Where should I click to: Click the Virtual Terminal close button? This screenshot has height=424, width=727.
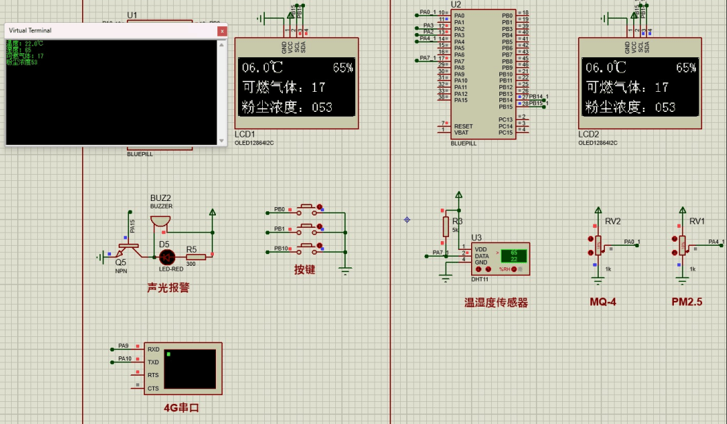pyautogui.click(x=221, y=30)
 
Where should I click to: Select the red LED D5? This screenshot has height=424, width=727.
pyautogui.click(x=166, y=256)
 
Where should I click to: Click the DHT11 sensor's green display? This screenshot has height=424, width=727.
pyautogui.click(x=514, y=256)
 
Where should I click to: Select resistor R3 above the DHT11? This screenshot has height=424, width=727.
pyautogui.click(x=446, y=227)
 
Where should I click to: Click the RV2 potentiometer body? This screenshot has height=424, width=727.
pyautogui.click(x=597, y=243)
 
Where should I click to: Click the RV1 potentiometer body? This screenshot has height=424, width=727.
pyautogui.click(x=682, y=243)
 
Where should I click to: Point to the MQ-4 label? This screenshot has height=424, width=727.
pyautogui.click(x=602, y=302)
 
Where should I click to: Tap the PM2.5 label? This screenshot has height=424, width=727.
pyautogui.click(x=688, y=302)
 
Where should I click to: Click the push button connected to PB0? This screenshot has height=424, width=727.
pyautogui.click(x=308, y=209)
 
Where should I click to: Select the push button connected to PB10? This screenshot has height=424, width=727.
pyautogui.click(x=308, y=248)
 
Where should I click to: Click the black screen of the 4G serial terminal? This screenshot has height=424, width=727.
pyautogui.click(x=190, y=369)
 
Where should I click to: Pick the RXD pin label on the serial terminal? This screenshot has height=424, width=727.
pyautogui.click(x=153, y=349)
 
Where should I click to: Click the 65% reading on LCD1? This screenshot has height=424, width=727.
pyautogui.click(x=343, y=68)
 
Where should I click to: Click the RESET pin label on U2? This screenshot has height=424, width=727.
pyautogui.click(x=464, y=126)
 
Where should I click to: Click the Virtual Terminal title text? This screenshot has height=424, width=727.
pyautogui.click(x=30, y=30)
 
